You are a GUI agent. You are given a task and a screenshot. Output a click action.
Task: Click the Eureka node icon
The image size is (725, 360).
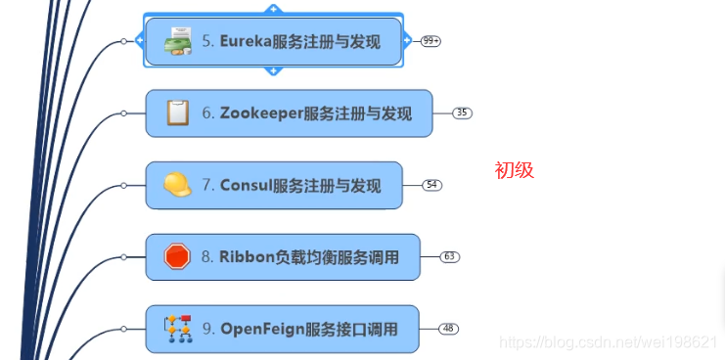click(x=177, y=42)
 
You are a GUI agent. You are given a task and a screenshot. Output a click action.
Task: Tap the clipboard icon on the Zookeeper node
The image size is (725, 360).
click(x=177, y=113)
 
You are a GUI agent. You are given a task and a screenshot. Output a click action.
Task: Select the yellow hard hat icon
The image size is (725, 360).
click(x=177, y=185)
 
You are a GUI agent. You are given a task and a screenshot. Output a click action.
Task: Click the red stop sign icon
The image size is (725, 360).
click(x=177, y=257)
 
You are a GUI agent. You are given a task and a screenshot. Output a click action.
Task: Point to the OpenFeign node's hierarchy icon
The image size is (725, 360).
click(x=177, y=330)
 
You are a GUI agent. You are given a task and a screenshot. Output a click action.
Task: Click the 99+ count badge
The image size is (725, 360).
click(x=430, y=41)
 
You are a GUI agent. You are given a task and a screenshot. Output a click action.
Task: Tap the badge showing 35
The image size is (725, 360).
click(x=462, y=113)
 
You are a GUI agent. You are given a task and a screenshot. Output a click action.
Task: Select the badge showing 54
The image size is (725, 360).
click(x=431, y=185)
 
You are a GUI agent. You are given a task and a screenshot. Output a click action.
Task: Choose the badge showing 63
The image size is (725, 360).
click(x=450, y=257)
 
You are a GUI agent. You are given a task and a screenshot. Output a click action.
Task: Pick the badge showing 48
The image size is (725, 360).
click(x=448, y=329)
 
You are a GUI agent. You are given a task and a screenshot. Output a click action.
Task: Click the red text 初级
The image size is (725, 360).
click(x=514, y=170)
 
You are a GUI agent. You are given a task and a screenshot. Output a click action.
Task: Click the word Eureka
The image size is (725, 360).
click(x=246, y=42)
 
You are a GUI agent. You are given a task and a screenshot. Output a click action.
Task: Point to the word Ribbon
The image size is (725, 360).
click(x=247, y=257)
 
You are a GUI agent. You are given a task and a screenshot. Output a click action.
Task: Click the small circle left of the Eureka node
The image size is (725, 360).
click(x=123, y=42)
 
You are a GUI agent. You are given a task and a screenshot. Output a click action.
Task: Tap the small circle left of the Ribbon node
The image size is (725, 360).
click(x=123, y=257)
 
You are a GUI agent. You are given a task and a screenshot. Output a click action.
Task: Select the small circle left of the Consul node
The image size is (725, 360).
click(x=123, y=185)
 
